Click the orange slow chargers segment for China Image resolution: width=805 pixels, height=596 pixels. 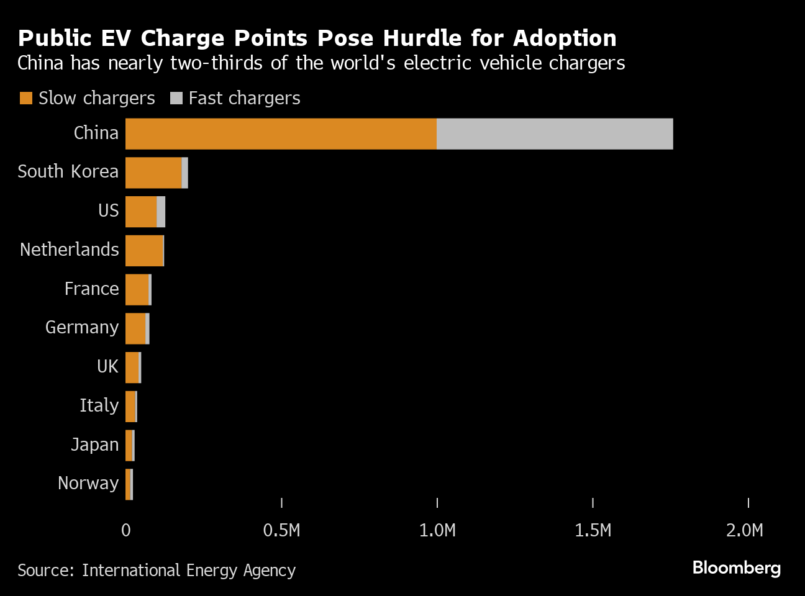[281, 133]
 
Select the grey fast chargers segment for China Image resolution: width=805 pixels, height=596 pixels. [554, 133]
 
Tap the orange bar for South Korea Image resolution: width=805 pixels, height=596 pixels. [153, 173]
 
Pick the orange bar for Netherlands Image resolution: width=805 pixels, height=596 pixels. [143, 251]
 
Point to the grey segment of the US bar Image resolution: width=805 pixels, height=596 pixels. [161, 212]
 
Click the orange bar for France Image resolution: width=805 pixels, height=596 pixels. [137, 289]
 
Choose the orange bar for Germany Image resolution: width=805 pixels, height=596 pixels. [135, 328]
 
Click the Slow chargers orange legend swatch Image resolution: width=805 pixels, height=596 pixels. [25, 98]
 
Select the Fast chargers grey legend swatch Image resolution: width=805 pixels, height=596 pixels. [176, 98]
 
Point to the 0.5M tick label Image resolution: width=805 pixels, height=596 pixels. [281, 530]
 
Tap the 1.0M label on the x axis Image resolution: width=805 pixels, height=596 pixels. [437, 530]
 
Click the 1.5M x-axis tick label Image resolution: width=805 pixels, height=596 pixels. [593, 530]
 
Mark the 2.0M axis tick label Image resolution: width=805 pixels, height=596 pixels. [744, 530]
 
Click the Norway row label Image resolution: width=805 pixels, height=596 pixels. [88, 483]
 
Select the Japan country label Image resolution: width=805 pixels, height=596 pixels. [94, 445]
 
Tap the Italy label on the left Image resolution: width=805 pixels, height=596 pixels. [99, 405]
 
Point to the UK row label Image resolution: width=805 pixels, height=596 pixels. [107, 366]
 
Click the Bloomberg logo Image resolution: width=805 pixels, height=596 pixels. [736, 567]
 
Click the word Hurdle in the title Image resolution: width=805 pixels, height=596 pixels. [422, 38]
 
